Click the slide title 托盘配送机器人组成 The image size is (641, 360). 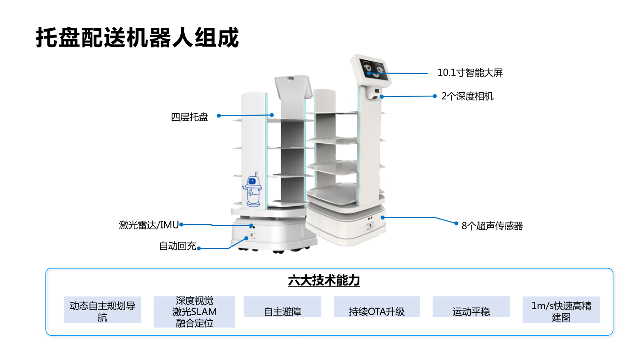tap(137, 38)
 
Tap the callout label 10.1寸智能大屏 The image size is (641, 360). tap(470, 73)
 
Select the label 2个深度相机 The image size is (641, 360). tap(467, 96)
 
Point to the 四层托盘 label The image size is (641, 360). tap(189, 117)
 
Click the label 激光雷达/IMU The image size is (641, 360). tap(149, 225)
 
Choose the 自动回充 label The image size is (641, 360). tap(177, 246)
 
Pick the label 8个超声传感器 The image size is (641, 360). tap(492, 226)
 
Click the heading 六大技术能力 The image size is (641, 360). tap(324, 281)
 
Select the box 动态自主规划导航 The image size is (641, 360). tap(103, 311)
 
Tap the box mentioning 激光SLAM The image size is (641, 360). tap(194, 312)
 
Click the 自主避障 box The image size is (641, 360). tap(282, 311)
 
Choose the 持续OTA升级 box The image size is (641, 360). tap(376, 311)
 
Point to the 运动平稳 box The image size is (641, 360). tap(471, 311)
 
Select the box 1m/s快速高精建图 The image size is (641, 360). tap(561, 311)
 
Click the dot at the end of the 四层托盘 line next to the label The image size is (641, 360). tap(219, 116)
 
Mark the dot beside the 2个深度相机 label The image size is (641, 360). tap(435, 96)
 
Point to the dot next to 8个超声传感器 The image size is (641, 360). tap(456, 223)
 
